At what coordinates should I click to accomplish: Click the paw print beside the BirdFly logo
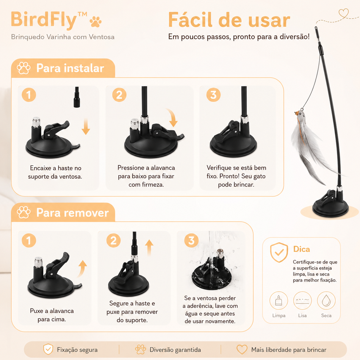(x=96, y=21)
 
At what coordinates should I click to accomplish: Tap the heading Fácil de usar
(x=229, y=20)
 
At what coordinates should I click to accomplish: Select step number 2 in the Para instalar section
(x=119, y=95)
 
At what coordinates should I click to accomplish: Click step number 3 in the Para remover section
(x=191, y=240)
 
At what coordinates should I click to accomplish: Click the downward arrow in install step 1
(x=86, y=127)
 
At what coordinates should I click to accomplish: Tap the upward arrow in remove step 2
(x=149, y=247)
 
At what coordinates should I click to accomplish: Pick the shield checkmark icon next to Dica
(x=279, y=252)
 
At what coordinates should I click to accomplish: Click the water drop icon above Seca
(x=326, y=301)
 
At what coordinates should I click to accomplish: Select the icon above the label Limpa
(x=279, y=301)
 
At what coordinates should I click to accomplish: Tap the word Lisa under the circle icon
(x=302, y=315)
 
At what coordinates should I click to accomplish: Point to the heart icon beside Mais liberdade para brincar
(x=242, y=349)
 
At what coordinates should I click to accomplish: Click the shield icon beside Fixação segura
(x=48, y=349)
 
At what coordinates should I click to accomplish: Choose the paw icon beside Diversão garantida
(x=141, y=349)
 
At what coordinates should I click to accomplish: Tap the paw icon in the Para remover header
(x=24, y=212)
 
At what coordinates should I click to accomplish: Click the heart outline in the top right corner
(x=344, y=13)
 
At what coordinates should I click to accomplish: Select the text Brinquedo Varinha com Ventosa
(x=63, y=37)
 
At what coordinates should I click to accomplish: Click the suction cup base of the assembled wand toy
(x=330, y=205)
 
